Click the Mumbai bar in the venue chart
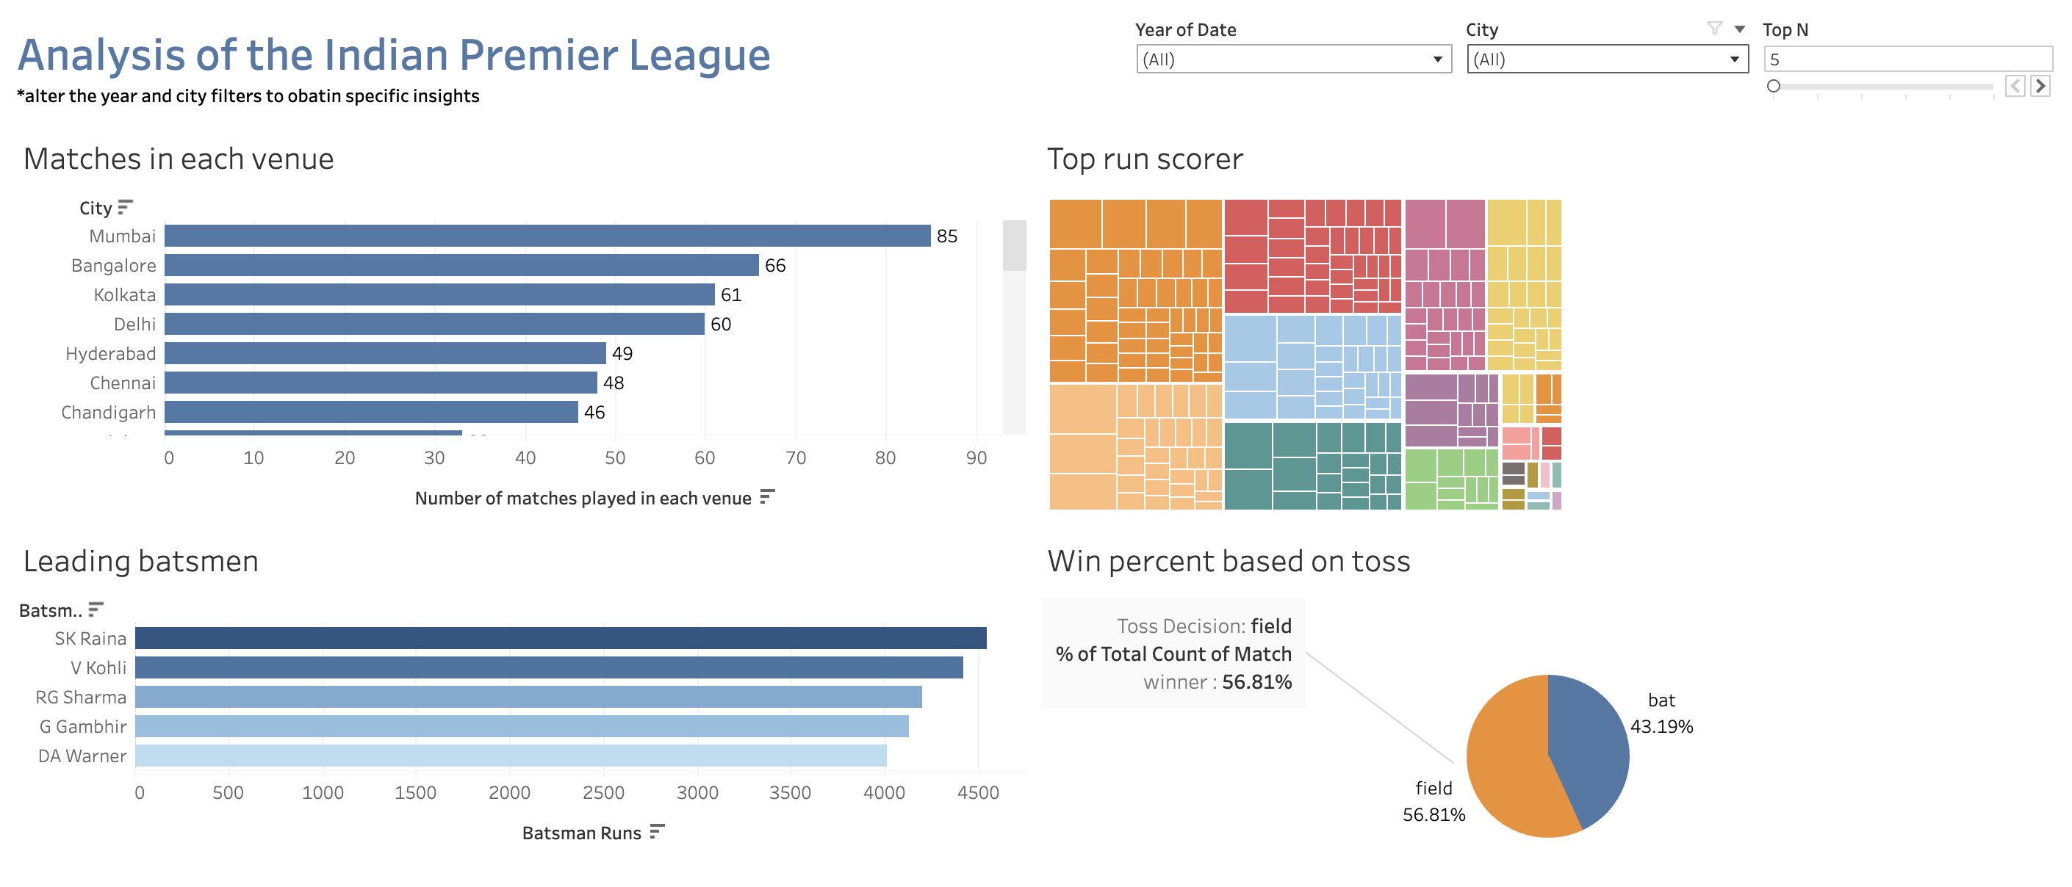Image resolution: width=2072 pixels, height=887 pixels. (547, 236)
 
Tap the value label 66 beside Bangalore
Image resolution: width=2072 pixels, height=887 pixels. (774, 265)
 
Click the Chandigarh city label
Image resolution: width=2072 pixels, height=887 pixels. (109, 413)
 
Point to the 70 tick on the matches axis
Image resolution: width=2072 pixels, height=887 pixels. (795, 457)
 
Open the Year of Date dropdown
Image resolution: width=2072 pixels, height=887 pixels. (1292, 59)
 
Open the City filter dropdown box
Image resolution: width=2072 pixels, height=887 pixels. (1606, 59)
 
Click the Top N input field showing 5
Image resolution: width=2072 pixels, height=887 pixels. (1906, 59)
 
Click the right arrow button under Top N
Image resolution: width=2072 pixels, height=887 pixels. (2040, 86)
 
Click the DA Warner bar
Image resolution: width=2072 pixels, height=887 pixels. (510, 756)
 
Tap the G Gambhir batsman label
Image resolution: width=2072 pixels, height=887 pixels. (83, 727)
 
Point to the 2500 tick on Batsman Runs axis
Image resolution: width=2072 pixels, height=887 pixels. (603, 793)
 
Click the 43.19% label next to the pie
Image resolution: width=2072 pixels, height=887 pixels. (1661, 727)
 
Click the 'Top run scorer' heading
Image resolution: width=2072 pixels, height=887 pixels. (1144, 159)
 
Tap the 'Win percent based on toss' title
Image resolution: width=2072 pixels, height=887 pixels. (1228, 561)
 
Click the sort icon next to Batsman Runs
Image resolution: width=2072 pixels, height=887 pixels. (657, 831)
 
